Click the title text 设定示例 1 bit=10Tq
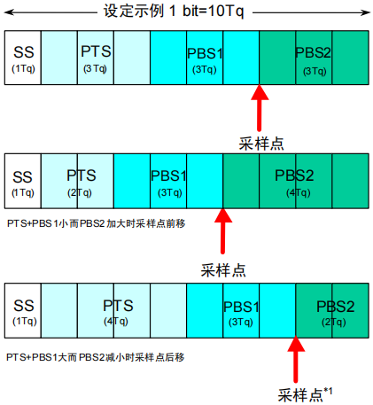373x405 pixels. point(174,12)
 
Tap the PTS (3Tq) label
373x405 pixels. point(96,58)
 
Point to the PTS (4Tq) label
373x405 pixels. point(118,312)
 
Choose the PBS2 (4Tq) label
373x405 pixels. point(294,183)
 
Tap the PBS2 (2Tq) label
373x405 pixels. point(335,313)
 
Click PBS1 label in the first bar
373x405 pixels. point(205,60)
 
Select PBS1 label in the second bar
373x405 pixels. point(168,183)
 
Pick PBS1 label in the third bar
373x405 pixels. point(241,313)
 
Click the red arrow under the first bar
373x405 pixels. point(260,108)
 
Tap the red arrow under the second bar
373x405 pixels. point(223,231)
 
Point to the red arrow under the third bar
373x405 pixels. point(296,360)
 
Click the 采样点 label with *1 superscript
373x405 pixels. point(305,394)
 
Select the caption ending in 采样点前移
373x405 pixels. point(96,223)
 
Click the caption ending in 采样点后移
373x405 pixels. point(96,357)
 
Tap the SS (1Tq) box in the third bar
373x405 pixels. point(23,310)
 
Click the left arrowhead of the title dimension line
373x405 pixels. point(8,12)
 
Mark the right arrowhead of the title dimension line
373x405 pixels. point(366,12)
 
